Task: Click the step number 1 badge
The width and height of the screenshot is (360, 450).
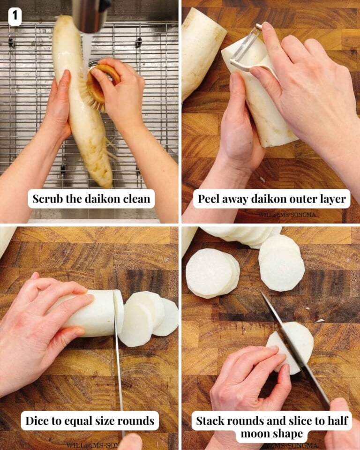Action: coord(15,17)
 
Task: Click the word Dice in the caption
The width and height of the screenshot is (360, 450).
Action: coord(36,421)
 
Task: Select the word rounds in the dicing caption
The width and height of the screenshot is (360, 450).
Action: coord(137,421)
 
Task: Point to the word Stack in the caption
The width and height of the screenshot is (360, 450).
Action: coord(210,420)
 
